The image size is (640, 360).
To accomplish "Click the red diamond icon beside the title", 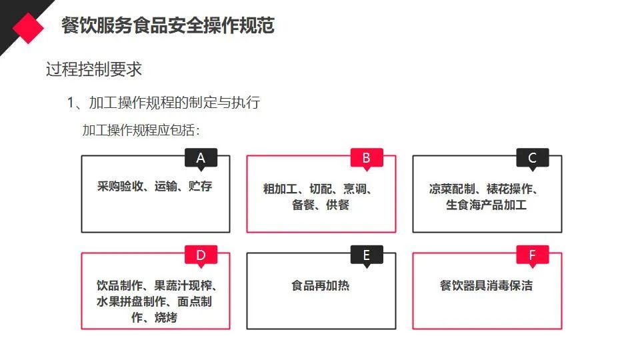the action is pos(28,26).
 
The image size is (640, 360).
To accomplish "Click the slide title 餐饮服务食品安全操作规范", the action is pos(167,25).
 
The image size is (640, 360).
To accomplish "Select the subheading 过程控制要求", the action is pos(94,69).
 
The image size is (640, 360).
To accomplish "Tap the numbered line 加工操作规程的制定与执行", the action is pos(173,102).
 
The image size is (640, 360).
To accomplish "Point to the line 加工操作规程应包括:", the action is pos(141,129).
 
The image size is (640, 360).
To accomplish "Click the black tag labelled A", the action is pos(201,158).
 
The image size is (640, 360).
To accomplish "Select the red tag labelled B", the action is pos(366,158).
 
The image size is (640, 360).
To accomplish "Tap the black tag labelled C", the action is pos(532,158).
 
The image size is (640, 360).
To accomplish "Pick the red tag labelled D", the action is pos(201,255).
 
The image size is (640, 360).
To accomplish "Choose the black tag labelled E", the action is pos(366,255).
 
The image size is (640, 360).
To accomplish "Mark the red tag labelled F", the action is pos(532,255).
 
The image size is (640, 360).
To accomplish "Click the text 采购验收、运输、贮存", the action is pos(155,186).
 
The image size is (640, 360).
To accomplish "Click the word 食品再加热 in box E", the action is pos(321,285).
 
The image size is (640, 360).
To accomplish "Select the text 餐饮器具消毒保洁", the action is pos(486,285).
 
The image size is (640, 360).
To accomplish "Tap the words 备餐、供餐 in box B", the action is pos(321,205).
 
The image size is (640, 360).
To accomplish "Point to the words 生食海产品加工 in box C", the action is pos(486,205).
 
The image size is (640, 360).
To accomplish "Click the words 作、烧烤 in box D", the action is pos(155,317).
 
